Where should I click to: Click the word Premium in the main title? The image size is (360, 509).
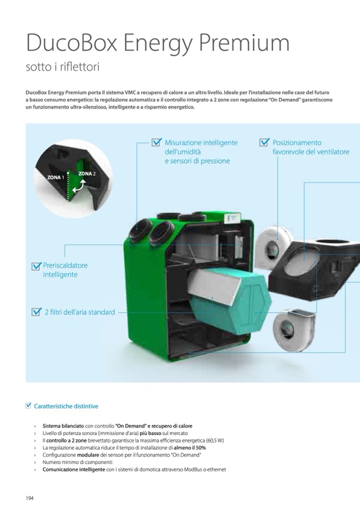point(244,44)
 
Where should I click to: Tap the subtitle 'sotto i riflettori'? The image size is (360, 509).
point(62,67)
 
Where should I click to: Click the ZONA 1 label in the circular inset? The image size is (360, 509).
point(56,177)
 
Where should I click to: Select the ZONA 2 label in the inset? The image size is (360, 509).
point(87,174)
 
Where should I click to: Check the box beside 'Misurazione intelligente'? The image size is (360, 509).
point(157,142)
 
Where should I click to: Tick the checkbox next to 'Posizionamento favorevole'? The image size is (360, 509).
point(264,142)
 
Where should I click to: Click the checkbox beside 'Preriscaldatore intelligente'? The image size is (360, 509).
point(36,266)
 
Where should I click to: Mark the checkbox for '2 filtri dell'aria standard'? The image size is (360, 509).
point(36,312)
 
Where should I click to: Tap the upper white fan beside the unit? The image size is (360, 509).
point(273,243)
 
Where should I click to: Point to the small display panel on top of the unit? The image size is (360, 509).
point(233,219)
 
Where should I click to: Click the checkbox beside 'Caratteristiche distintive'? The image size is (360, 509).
point(29,406)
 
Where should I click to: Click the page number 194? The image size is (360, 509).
point(30,498)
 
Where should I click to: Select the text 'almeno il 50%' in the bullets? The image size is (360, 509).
point(190,447)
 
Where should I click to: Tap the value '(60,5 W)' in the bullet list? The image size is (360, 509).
point(215,441)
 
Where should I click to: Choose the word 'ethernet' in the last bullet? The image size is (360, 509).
point(216,469)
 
